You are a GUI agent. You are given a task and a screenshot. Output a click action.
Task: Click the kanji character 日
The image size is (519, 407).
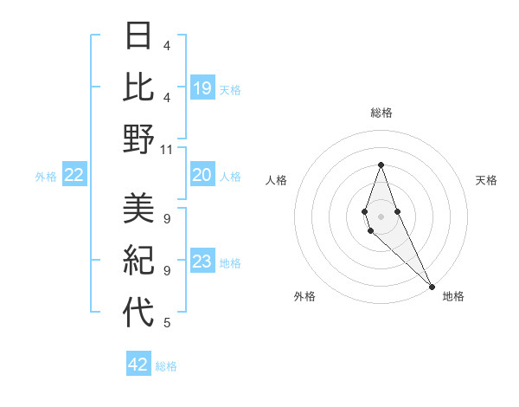coord(138,37)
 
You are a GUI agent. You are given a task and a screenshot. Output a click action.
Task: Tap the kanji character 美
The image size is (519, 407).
coord(138,209)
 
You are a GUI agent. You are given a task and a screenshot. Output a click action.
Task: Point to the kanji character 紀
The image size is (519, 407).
coord(138,261)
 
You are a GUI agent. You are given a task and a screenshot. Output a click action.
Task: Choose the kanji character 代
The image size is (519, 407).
coord(138,313)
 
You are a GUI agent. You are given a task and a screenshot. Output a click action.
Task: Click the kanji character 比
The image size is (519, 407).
coord(138,87)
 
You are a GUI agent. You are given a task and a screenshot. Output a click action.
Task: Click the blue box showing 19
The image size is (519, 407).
coord(202,88)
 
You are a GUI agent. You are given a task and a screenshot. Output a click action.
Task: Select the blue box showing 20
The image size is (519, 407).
coord(202,175)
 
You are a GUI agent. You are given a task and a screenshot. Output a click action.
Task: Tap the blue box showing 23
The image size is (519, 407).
coord(202,262)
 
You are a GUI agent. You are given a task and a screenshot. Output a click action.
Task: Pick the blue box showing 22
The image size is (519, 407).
coord(74,176)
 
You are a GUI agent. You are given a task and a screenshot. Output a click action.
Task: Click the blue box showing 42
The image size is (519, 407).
coord(138,365)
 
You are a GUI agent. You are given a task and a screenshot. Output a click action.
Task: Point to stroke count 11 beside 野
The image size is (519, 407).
coord(167,149)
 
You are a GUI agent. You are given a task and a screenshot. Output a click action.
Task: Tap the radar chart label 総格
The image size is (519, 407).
coord(381,113)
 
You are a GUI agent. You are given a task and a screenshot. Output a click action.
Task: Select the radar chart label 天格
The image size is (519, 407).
coord(486,180)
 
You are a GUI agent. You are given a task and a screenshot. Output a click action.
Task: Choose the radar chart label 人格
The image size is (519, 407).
coord(277,180)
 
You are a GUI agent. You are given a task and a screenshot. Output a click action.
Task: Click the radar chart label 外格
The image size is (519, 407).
coord(304,296)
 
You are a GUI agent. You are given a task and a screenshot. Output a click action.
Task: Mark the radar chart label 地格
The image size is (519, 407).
coord(453,296)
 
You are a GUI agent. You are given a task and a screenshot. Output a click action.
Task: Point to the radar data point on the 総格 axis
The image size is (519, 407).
coord(381,165)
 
